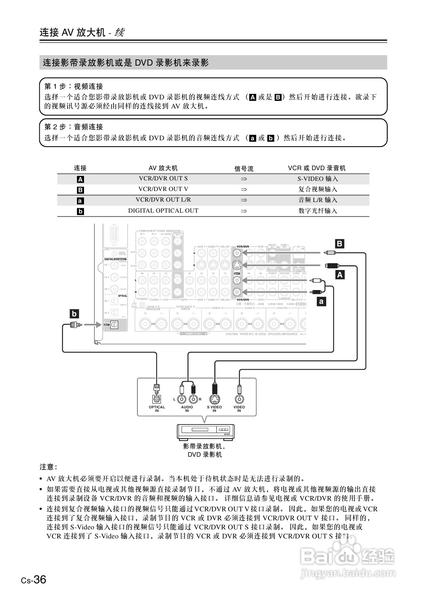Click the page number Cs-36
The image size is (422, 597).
tap(34, 580)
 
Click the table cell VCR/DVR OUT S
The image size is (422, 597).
tap(163, 178)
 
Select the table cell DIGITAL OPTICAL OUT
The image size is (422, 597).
tap(163, 211)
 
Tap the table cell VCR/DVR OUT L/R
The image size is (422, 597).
tap(163, 200)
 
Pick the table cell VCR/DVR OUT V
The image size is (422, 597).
tap(163, 189)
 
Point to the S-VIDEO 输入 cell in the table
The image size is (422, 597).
tap(317, 179)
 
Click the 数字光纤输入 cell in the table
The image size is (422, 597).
tap(317, 211)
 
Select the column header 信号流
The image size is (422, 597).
tap(244, 169)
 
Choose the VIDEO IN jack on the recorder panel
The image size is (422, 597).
tap(239, 399)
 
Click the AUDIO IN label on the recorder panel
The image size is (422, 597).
tap(187, 409)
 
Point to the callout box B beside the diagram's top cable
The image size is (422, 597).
tap(340, 244)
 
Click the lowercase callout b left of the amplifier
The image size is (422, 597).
tap(74, 314)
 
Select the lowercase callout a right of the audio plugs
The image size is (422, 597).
tap(322, 302)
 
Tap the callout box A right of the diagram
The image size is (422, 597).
tap(340, 275)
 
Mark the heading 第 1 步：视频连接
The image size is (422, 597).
tap(73, 86)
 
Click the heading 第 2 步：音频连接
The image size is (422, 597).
tap(73, 127)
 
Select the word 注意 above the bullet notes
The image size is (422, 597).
tap(48, 467)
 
